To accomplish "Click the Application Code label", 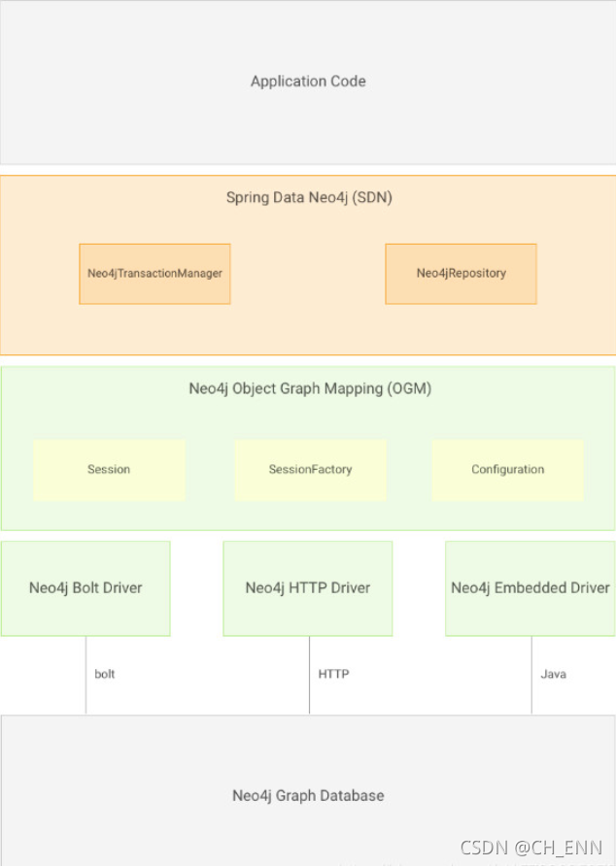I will tap(308, 82).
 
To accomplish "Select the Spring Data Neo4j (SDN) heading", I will tap(309, 197).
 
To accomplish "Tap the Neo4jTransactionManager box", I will tap(154, 274).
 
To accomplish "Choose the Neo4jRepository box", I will tap(461, 274).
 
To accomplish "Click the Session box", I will tap(109, 470).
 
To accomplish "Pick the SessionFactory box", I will tap(310, 470).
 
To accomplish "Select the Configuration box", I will tap(507, 470).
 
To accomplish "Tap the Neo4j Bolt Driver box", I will tap(86, 588).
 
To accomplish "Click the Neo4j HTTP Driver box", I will tap(307, 588).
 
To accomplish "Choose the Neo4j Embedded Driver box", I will tap(530, 588).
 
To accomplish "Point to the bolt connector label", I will tap(104, 674).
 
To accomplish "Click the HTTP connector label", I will tap(333, 674).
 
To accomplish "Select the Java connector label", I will tap(554, 674).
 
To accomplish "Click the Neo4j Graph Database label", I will tap(308, 795).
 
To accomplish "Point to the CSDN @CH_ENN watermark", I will tap(530, 848).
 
